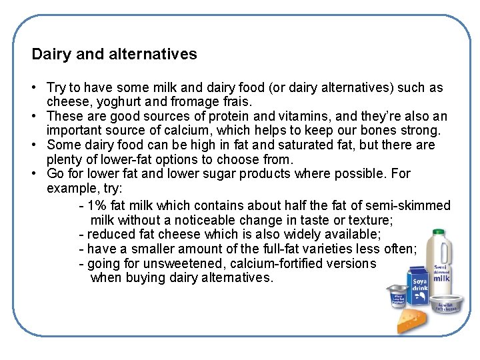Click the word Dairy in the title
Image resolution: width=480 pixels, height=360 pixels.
pos(51,54)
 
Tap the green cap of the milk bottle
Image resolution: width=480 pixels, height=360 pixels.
pos(439,233)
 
